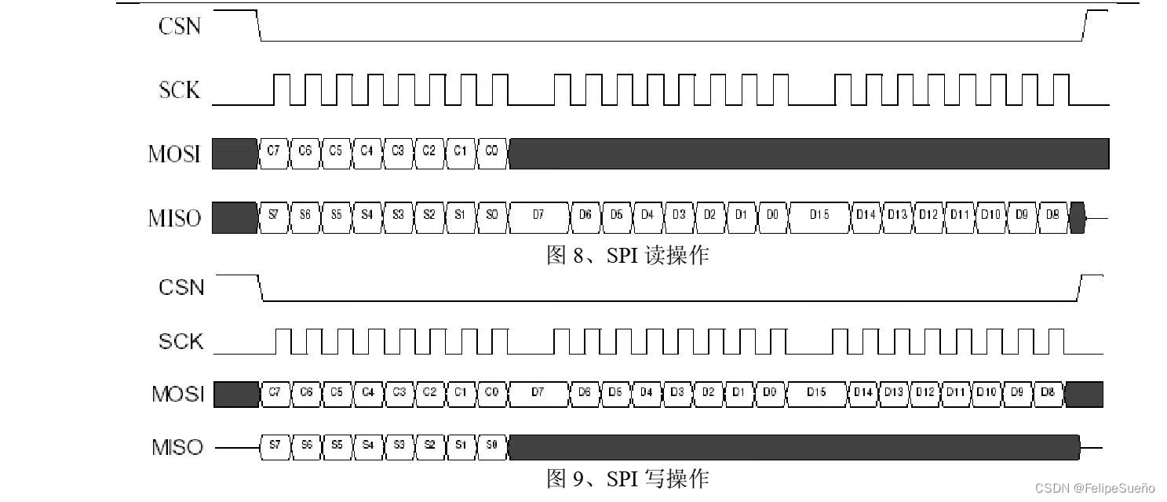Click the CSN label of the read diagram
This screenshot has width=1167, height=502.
click(x=180, y=26)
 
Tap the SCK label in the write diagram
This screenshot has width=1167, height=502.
click(x=181, y=341)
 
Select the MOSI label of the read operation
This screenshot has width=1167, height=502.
click(x=174, y=154)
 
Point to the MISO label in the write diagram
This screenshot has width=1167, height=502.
click(x=177, y=447)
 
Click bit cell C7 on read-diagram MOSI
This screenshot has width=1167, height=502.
click(x=273, y=151)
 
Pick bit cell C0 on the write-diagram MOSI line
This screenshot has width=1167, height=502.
click(x=492, y=391)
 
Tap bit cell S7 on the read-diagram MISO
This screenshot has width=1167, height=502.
click(x=273, y=214)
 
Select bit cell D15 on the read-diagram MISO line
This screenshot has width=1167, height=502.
click(x=819, y=214)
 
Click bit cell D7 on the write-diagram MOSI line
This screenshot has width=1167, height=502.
click(x=538, y=391)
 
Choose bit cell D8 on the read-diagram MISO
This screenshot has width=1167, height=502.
click(x=1052, y=214)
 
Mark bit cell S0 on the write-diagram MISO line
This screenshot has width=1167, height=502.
click(x=492, y=445)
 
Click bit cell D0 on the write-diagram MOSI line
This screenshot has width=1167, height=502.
click(x=769, y=391)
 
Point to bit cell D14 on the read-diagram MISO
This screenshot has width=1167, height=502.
click(x=866, y=214)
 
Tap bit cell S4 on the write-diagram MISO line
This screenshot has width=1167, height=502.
click(x=367, y=445)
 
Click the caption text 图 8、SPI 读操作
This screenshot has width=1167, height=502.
click(x=627, y=255)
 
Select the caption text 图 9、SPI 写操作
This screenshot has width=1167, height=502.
click(x=627, y=478)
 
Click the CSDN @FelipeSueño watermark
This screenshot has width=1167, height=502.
click(x=1095, y=488)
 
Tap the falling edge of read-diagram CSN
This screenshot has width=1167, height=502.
click(x=259, y=26)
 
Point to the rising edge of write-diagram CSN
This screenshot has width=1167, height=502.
click(x=1081, y=287)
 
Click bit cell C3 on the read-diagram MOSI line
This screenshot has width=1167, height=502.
click(x=398, y=151)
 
